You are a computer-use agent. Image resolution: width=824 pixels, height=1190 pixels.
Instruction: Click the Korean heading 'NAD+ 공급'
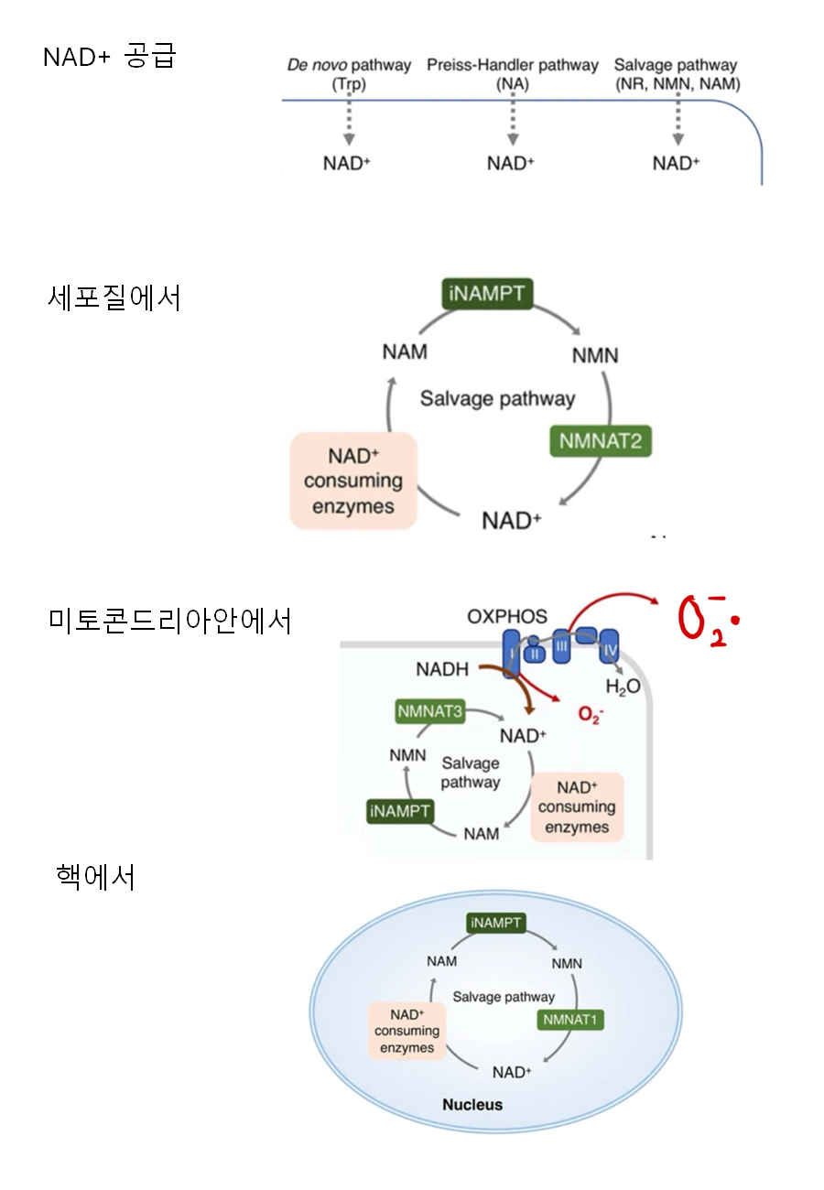click(x=109, y=58)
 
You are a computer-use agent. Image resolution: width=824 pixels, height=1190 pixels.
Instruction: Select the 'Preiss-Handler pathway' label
click(x=513, y=66)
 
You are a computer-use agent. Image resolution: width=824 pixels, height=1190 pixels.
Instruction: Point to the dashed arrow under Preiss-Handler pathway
click(x=513, y=120)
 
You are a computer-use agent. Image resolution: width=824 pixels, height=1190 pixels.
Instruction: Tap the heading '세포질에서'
click(x=114, y=297)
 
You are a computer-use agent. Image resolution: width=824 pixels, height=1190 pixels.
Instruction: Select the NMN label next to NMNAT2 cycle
click(x=595, y=354)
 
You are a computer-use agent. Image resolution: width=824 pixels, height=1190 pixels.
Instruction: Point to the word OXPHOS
click(x=506, y=617)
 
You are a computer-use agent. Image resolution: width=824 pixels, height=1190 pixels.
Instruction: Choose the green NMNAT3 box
click(x=430, y=711)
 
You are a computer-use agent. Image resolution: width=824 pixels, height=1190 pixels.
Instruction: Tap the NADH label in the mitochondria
click(x=442, y=670)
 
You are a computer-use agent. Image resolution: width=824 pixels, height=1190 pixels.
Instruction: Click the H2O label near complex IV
click(x=623, y=686)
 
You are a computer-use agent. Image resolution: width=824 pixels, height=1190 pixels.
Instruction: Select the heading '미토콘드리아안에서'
click(x=170, y=621)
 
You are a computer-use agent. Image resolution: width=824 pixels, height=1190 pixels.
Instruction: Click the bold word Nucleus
click(x=472, y=1104)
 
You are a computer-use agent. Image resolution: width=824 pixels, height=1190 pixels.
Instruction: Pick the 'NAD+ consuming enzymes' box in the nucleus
click(x=407, y=1031)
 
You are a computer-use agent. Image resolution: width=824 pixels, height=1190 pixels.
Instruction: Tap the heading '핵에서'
click(x=95, y=877)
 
